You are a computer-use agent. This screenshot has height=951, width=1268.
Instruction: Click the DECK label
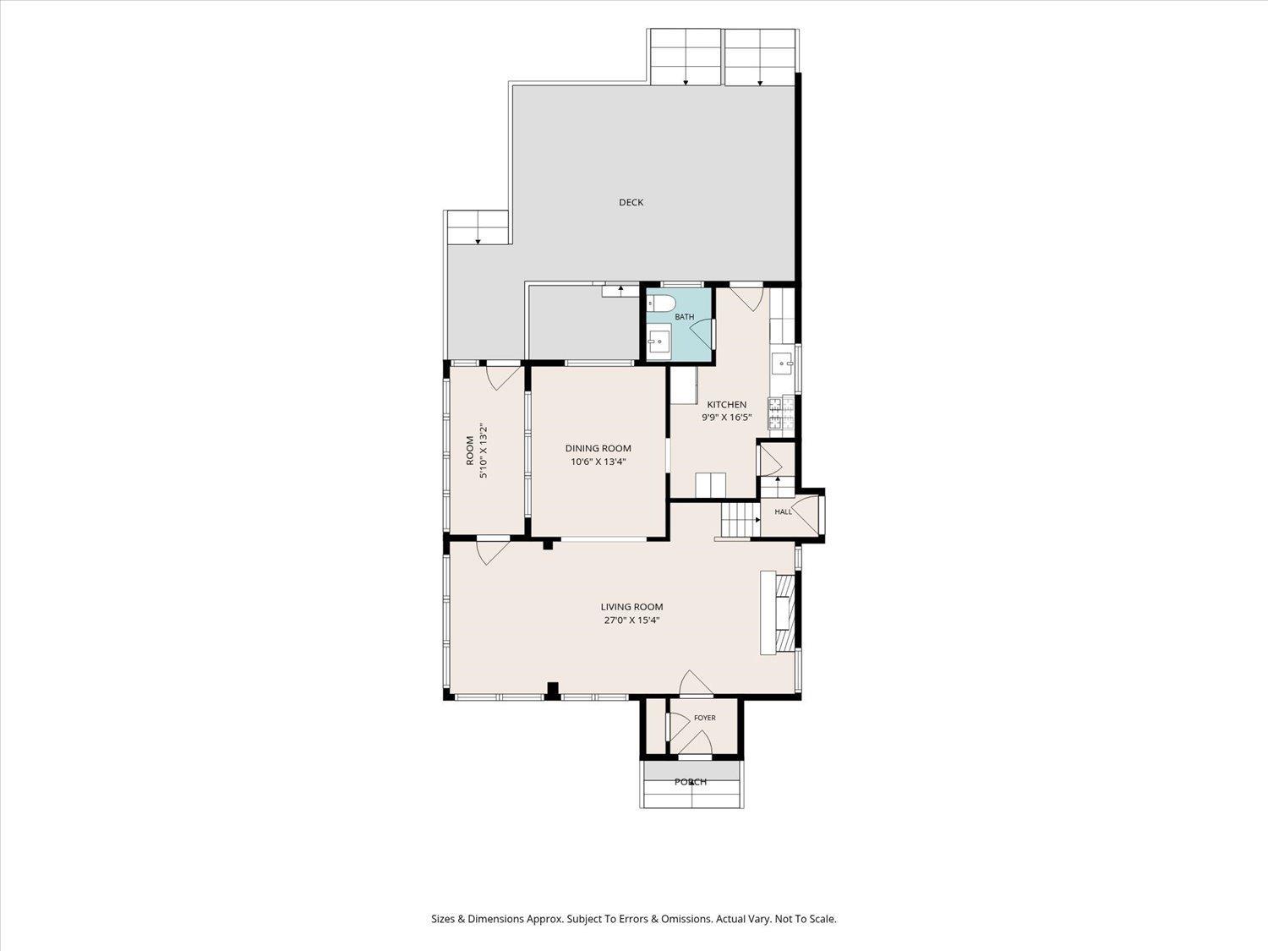tap(631, 202)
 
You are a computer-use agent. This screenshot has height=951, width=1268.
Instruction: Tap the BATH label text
tap(685, 316)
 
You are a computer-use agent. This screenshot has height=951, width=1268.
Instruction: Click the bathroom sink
tap(659, 342)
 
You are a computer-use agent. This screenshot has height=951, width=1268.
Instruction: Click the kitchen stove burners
tap(781, 413)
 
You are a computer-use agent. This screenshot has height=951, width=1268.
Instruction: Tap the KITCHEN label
tap(727, 405)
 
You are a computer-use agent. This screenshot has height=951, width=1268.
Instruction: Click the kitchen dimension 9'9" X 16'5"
tap(727, 418)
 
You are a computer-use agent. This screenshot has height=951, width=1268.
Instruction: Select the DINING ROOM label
tap(598, 448)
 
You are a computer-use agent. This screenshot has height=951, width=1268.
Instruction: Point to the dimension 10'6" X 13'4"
tap(598, 462)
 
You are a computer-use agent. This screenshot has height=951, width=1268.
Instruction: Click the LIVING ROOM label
tap(631, 607)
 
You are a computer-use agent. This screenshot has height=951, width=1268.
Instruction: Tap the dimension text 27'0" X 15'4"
tap(631, 620)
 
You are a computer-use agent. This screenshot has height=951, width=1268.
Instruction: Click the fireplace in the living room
tap(780, 613)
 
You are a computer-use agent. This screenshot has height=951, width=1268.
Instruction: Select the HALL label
tap(784, 511)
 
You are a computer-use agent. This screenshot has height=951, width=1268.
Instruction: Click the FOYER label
tap(705, 718)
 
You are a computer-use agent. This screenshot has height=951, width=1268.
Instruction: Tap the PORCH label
tap(691, 782)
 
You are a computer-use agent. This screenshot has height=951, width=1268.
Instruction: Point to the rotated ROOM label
tap(470, 451)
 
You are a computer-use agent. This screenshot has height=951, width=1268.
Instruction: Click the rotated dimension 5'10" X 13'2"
tap(484, 451)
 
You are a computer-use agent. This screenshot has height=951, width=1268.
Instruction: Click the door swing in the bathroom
tap(702, 334)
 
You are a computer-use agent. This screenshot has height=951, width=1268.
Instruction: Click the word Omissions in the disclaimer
tap(688, 919)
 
